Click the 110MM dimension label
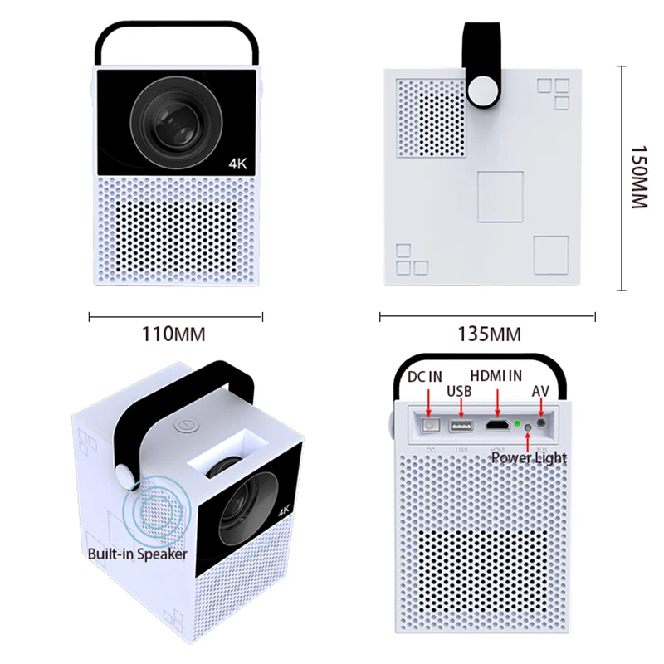click(x=173, y=334)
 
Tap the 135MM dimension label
click(x=489, y=334)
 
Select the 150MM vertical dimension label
click(x=639, y=178)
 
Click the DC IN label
click(x=425, y=377)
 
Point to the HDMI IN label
click(x=496, y=376)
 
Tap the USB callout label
click(x=459, y=391)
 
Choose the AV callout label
click(x=540, y=391)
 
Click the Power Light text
click(x=529, y=458)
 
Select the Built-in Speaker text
click(x=137, y=554)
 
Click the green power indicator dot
click(x=517, y=423)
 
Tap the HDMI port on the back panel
click(x=497, y=425)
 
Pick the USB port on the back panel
click(x=461, y=425)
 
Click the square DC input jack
click(x=431, y=425)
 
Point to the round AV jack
click(x=541, y=423)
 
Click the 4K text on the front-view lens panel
click(x=237, y=164)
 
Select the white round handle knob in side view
click(x=483, y=90)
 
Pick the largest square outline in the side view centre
click(x=500, y=197)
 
